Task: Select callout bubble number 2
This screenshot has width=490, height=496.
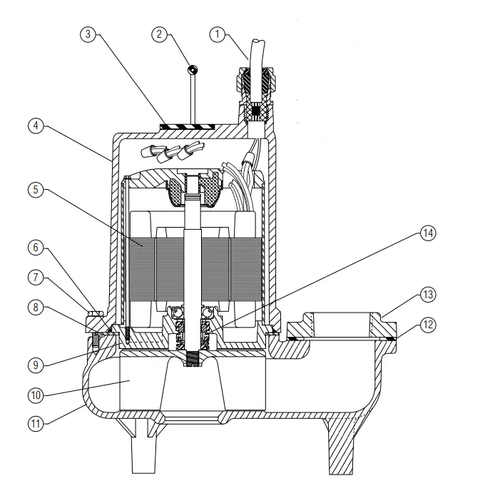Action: (x=160, y=34)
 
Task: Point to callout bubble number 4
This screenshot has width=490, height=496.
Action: (x=34, y=126)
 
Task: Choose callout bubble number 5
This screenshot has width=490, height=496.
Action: (x=34, y=191)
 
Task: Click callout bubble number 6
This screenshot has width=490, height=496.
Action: (x=34, y=248)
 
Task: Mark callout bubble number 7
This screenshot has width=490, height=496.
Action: (x=34, y=277)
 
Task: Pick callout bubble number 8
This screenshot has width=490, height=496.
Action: (x=34, y=308)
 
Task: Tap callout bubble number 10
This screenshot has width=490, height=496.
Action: (x=34, y=395)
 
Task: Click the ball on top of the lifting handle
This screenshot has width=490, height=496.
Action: (x=192, y=70)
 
